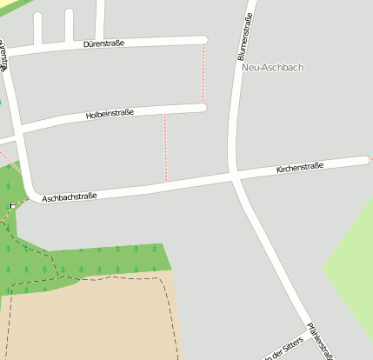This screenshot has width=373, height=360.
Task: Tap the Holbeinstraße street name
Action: (x=110, y=114)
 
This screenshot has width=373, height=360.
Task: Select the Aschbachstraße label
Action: (x=69, y=197)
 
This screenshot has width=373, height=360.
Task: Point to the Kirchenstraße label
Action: (x=300, y=167)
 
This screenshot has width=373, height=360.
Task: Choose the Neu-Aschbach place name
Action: (x=273, y=67)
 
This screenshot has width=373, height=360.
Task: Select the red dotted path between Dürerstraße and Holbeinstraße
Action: (x=203, y=74)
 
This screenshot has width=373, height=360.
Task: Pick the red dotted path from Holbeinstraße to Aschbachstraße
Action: (x=165, y=148)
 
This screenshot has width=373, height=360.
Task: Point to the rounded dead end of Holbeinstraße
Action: (x=203, y=108)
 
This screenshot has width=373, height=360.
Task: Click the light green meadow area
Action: (x=352, y=261)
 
